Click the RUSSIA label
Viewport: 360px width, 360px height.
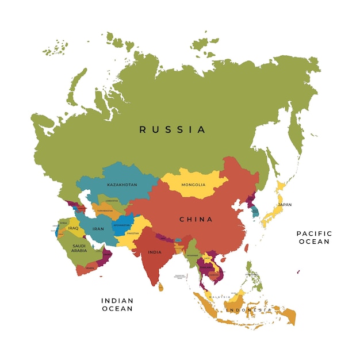pyautogui.click(x=172, y=129)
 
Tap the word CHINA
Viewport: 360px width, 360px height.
pyautogui.click(x=196, y=219)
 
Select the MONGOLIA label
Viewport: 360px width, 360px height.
pyautogui.click(x=193, y=185)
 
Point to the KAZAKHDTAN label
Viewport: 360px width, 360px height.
pyautogui.click(x=122, y=185)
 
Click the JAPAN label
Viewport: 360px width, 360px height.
pyautogui.click(x=284, y=205)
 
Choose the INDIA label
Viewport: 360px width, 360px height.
pyautogui.click(x=154, y=252)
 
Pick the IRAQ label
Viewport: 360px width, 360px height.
pyautogui.click(x=73, y=228)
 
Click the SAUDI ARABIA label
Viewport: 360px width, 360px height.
pyautogui.click(x=79, y=248)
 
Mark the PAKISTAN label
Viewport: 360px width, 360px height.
pyautogui.click(x=133, y=233)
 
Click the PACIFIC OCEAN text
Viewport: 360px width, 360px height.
pyautogui.click(x=313, y=237)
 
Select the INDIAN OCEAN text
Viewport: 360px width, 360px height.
pyautogui.click(x=117, y=304)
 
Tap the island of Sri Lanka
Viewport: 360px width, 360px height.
pyautogui.click(x=161, y=286)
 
